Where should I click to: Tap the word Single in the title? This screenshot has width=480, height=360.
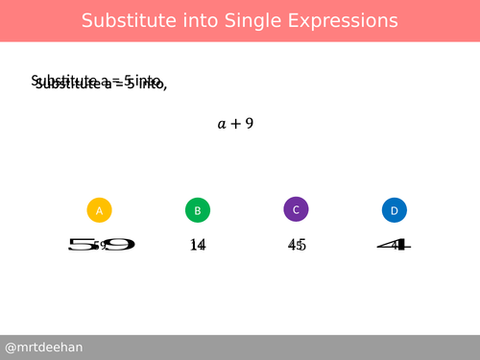(x=242, y=20)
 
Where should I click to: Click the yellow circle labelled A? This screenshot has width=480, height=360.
(x=100, y=210)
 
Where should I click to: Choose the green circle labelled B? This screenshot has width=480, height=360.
(x=197, y=210)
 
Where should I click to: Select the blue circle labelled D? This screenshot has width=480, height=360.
(x=394, y=210)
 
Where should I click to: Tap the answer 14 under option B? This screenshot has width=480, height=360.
(x=198, y=245)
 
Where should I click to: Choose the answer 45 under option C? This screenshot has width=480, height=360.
(x=297, y=245)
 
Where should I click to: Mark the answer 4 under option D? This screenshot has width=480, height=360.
(x=394, y=245)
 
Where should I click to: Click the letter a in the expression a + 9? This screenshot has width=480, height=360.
(x=222, y=124)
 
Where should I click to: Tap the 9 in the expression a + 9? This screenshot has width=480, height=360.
(x=249, y=123)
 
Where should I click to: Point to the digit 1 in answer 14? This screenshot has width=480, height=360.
(x=194, y=245)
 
